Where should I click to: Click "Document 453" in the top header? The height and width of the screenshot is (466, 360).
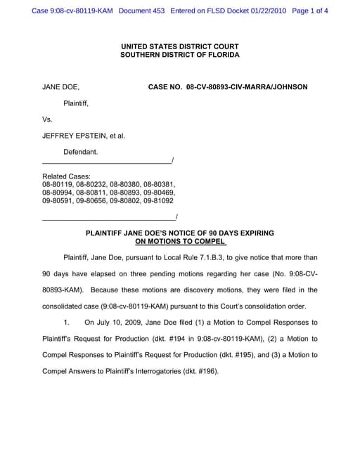[x=146, y=11]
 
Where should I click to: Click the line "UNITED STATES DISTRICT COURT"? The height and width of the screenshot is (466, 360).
[x=180, y=46]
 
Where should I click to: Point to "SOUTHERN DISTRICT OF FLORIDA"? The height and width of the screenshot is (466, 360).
[x=180, y=55]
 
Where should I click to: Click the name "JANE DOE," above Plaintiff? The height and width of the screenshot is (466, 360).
[x=61, y=87]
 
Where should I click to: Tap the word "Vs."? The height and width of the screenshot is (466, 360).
[x=48, y=119]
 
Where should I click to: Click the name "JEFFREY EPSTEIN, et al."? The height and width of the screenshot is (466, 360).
[x=84, y=136]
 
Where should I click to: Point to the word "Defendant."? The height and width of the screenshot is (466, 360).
[x=81, y=152]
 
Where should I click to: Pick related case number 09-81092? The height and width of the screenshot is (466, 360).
[x=158, y=200]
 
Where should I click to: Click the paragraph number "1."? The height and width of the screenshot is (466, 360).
[x=67, y=323]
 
